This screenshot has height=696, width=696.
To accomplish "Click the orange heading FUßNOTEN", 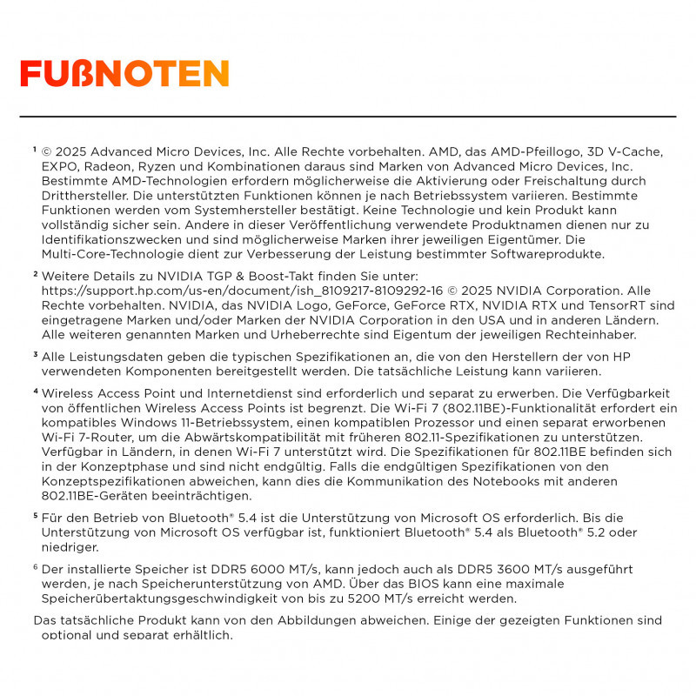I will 124,74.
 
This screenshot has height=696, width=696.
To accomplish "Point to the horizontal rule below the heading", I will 348,116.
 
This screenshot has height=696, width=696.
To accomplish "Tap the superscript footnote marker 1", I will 35,149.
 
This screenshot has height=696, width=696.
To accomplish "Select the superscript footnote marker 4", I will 35,391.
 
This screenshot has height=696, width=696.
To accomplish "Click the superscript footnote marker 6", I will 35,567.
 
